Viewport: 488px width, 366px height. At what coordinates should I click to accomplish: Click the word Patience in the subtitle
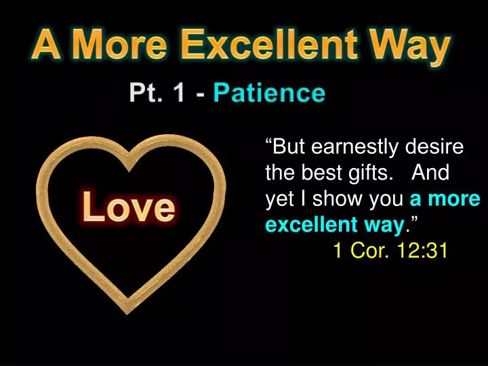click(x=269, y=93)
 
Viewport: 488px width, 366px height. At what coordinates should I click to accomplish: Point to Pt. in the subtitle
click(x=146, y=93)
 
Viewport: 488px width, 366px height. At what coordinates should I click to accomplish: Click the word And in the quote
click(x=430, y=174)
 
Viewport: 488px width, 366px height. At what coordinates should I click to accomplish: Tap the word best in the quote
click(x=323, y=174)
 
